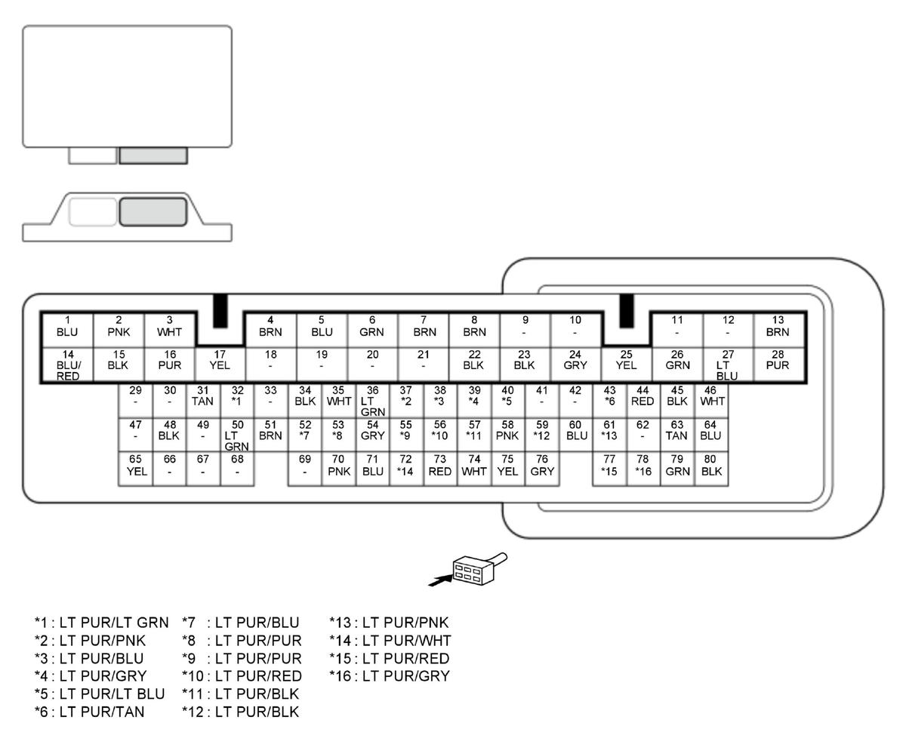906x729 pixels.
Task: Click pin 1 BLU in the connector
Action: coord(67,330)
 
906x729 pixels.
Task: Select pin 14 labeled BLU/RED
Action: coord(67,365)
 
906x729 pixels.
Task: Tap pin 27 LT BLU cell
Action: coord(728,365)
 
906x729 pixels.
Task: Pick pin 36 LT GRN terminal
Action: coord(372,401)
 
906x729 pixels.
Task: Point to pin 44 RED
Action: coord(643,401)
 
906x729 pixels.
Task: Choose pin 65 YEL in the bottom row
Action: coord(136,469)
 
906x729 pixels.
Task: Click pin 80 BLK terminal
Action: coord(711,469)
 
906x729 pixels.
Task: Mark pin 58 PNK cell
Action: coord(507,435)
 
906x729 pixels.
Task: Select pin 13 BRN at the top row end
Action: coord(778,330)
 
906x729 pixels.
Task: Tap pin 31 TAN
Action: coord(203,401)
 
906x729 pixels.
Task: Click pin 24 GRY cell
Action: coord(575,365)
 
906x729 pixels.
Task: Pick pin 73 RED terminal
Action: coord(440,469)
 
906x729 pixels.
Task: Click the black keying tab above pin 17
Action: coord(220,311)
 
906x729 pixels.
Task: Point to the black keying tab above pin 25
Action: coord(627,311)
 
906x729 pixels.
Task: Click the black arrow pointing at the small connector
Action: coord(441,581)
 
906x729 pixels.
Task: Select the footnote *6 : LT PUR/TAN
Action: coord(90,712)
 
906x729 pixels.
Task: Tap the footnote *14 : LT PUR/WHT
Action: coord(390,641)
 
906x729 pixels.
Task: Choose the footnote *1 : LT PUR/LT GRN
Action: coord(101,622)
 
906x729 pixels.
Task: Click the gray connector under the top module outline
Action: coord(153,155)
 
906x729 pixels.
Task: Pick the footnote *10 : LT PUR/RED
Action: coord(242,676)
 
